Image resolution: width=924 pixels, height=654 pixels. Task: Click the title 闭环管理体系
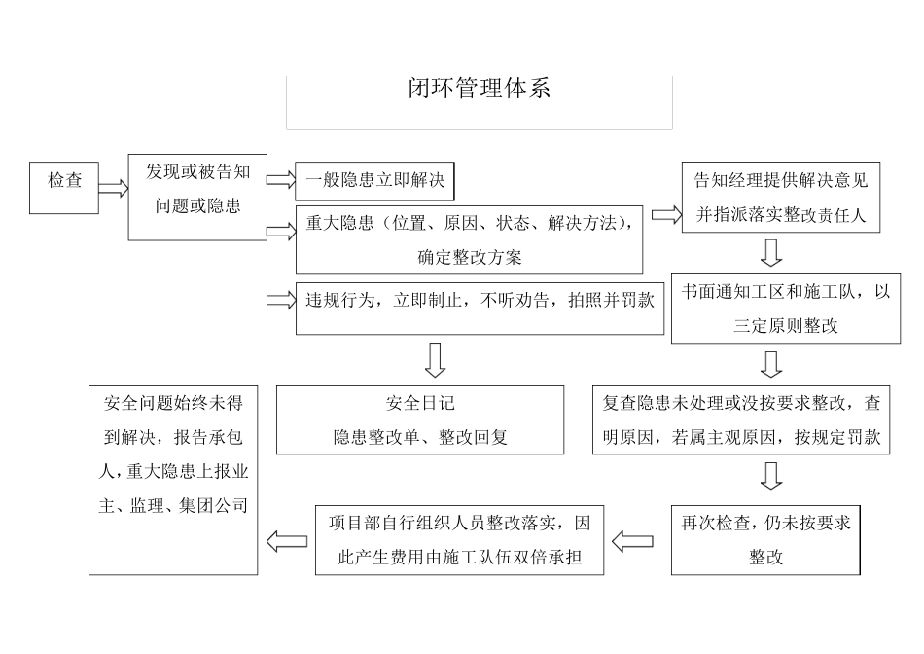click(479, 89)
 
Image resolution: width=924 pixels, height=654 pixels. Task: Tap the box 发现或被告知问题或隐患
click(197, 195)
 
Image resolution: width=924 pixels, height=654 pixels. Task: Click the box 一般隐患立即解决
click(374, 180)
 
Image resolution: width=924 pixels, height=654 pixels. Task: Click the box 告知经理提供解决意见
click(781, 198)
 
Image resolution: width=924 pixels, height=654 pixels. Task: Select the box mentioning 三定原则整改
click(785, 308)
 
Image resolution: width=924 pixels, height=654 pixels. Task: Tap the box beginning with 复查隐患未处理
click(741, 419)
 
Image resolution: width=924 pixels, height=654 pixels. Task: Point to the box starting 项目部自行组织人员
click(457, 539)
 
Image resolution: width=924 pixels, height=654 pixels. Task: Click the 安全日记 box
click(420, 419)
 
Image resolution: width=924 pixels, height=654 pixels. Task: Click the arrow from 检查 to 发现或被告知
click(113, 188)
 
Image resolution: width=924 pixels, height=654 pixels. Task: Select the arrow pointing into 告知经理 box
click(666, 214)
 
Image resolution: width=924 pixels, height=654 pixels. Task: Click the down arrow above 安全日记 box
click(435, 359)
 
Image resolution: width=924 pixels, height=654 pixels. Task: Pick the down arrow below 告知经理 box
click(771, 253)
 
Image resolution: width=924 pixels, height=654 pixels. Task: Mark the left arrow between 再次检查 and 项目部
click(632, 541)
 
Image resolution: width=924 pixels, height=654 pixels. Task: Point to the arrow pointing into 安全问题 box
click(286, 541)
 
